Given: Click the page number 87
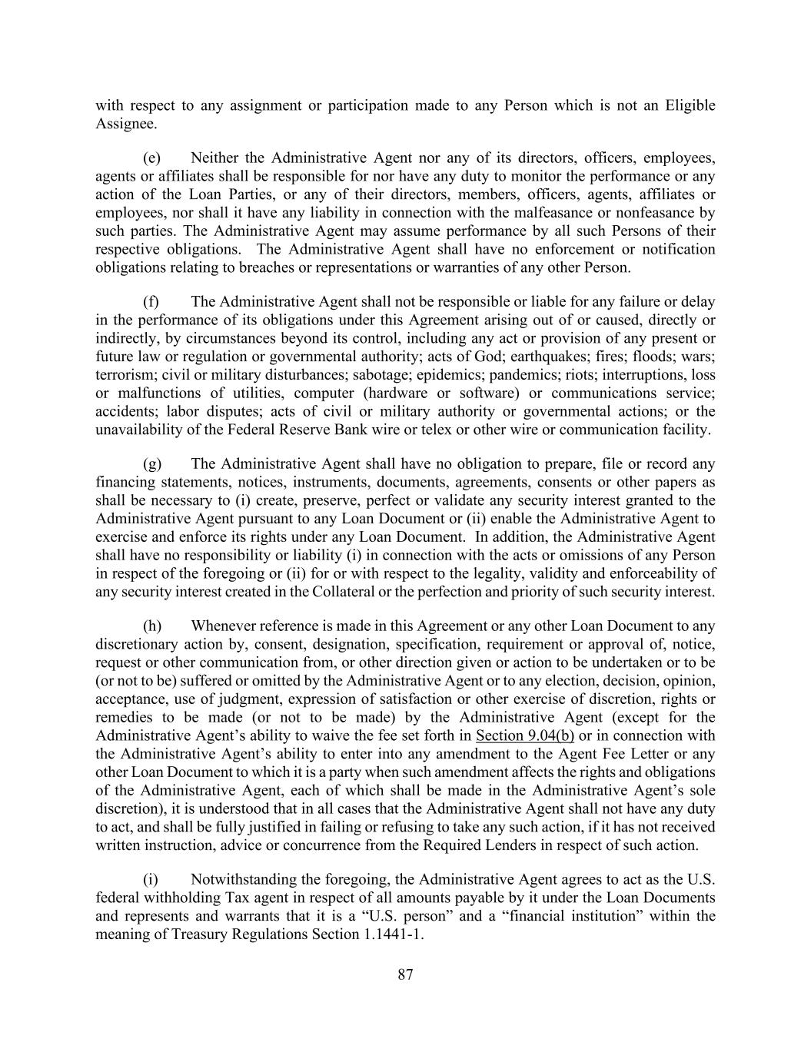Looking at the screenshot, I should [x=406, y=975].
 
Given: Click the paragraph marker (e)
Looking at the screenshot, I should [x=151, y=158].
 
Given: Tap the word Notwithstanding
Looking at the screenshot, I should [x=245, y=879].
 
